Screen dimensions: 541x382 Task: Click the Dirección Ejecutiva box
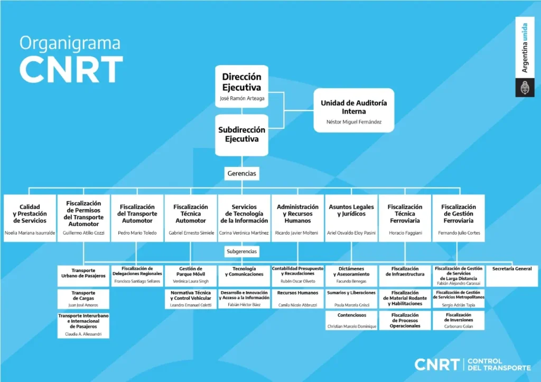tap(241, 86)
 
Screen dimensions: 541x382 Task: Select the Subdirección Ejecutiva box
tap(241, 135)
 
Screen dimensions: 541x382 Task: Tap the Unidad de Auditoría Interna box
tap(353, 110)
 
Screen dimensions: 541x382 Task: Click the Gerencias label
tap(241, 174)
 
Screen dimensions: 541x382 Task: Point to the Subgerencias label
tap(241, 251)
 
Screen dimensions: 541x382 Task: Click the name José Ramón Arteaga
tap(242, 98)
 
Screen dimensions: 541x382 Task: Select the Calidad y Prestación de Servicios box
tap(30, 218)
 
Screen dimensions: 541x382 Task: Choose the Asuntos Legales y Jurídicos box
tap(351, 218)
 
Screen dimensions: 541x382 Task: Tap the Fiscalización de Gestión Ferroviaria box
tap(459, 218)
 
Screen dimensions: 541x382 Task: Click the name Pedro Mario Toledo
tap(137, 233)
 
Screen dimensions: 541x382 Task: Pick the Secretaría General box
tap(512, 276)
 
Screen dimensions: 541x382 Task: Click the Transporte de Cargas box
tap(83, 299)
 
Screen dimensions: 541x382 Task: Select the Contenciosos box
tap(351, 321)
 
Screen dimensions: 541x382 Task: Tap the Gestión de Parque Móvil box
tap(190, 276)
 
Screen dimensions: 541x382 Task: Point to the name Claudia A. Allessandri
tap(83, 334)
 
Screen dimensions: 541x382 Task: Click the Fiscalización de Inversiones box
tap(459, 321)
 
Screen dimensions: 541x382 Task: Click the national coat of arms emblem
tap(525, 88)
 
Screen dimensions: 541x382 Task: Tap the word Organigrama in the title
tap(70, 43)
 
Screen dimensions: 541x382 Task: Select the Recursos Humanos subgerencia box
tap(297, 299)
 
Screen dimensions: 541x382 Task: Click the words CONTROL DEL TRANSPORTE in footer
tap(499, 365)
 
